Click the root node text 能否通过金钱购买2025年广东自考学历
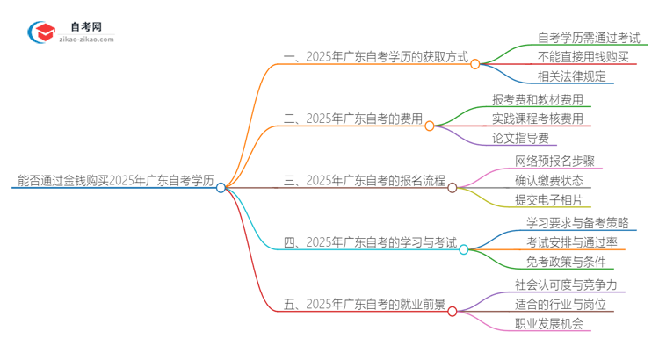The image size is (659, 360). coord(115,181)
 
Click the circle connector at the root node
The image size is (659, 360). coord(221,187)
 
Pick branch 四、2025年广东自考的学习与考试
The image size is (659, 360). coord(369,241)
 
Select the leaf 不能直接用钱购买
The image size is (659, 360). coord(583,56)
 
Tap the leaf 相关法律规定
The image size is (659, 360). coord(572,76)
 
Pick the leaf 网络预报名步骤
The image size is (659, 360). coord(554,162)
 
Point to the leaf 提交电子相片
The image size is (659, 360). coord(548,199)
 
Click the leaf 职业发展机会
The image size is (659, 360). coord(548,322)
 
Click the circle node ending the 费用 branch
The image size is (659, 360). coord(430,126)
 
